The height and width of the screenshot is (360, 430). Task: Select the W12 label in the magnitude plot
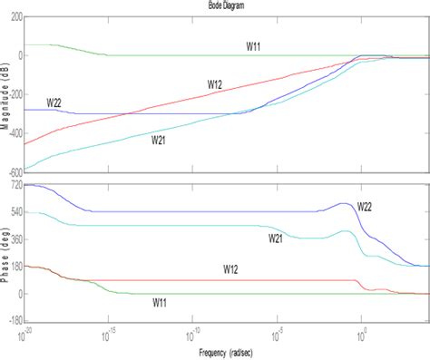214,84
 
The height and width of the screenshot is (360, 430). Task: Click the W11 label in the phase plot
162,302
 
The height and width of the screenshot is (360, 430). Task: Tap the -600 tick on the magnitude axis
12,171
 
